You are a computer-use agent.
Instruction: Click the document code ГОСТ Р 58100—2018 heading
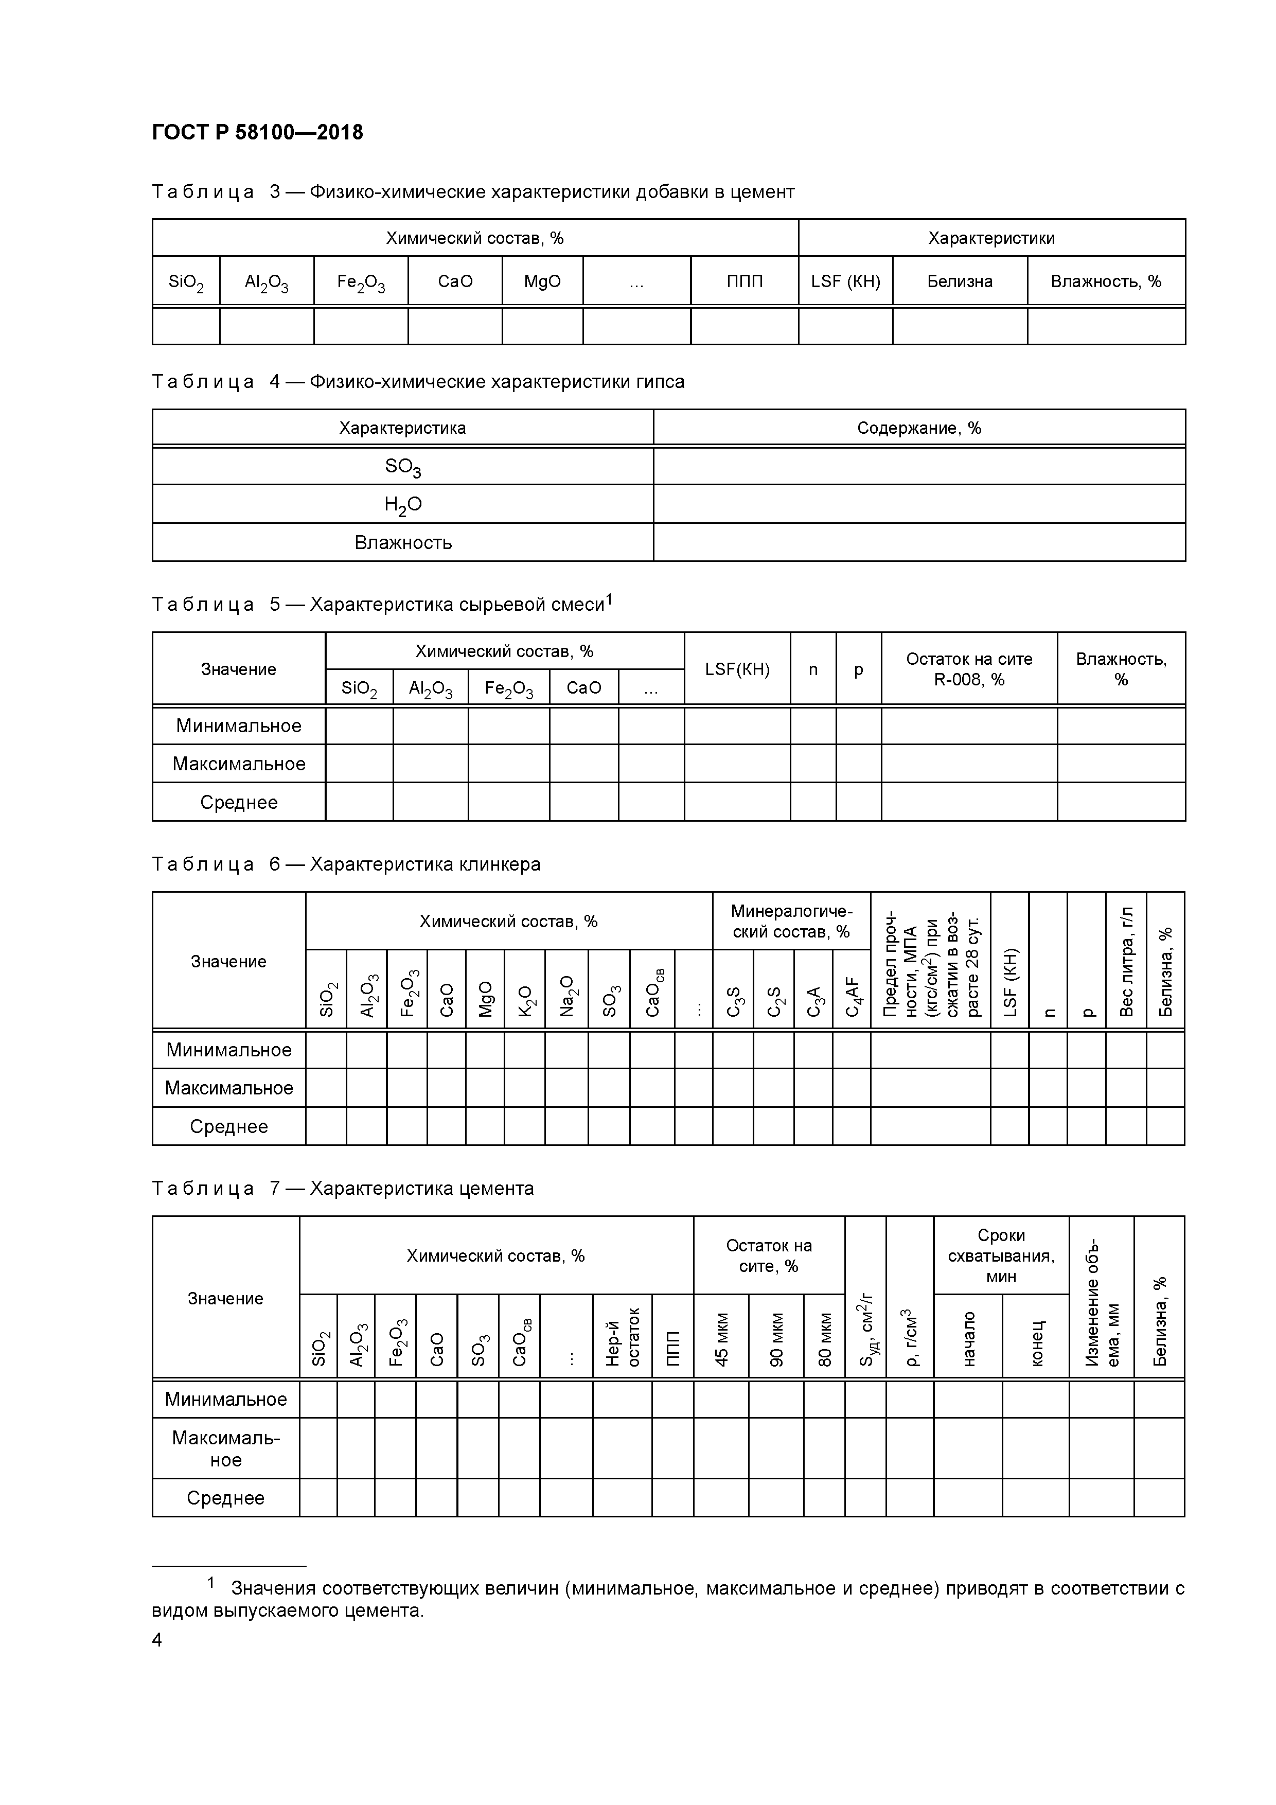(257, 133)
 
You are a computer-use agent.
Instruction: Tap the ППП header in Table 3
(744, 281)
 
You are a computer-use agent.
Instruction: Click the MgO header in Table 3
(542, 281)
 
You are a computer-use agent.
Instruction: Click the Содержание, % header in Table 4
(918, 429)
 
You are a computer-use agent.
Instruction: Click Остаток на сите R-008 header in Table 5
(969, 669)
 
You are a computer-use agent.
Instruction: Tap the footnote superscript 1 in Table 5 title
(609, 600)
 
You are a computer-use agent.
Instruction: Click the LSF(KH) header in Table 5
(737, 669)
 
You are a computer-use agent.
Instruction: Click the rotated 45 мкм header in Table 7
(721, 1339)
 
